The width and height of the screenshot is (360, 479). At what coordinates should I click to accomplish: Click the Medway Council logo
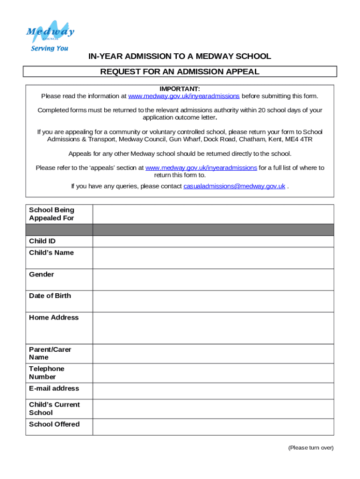pos(50,32)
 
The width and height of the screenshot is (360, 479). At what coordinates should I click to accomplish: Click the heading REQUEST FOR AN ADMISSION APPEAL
pos(180,72)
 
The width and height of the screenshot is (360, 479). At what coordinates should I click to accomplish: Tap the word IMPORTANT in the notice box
pos(180,89)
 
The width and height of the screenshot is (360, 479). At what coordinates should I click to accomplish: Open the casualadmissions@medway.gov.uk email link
pos(234,186)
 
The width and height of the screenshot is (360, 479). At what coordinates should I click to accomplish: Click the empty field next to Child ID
pos(213,241)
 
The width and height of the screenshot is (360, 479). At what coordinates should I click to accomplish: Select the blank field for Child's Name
pos(213,258)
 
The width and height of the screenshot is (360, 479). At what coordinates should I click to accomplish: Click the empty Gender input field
pos(213,279)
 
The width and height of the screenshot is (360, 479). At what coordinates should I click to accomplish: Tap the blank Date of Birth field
pos(213,301)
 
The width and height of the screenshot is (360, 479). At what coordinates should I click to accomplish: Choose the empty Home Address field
pos(213,328)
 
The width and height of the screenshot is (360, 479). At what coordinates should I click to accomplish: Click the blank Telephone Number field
pos(213,373)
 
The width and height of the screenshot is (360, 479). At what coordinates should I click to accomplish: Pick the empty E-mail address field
pos(213,391)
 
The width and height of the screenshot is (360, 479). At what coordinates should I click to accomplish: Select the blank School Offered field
pos(213,427)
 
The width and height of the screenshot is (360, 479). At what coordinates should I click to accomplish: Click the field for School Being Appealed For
pos(213,214)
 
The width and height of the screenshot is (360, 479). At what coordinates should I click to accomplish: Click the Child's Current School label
pos(54,408)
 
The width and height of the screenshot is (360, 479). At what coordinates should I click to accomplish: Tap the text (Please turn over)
pos(311,448)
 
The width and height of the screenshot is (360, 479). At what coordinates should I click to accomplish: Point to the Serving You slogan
pos(50,48)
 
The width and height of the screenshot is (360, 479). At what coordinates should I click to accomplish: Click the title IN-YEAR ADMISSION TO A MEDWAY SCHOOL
pos(180,57)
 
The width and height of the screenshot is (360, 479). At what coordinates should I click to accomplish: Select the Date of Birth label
pos(50,296)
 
